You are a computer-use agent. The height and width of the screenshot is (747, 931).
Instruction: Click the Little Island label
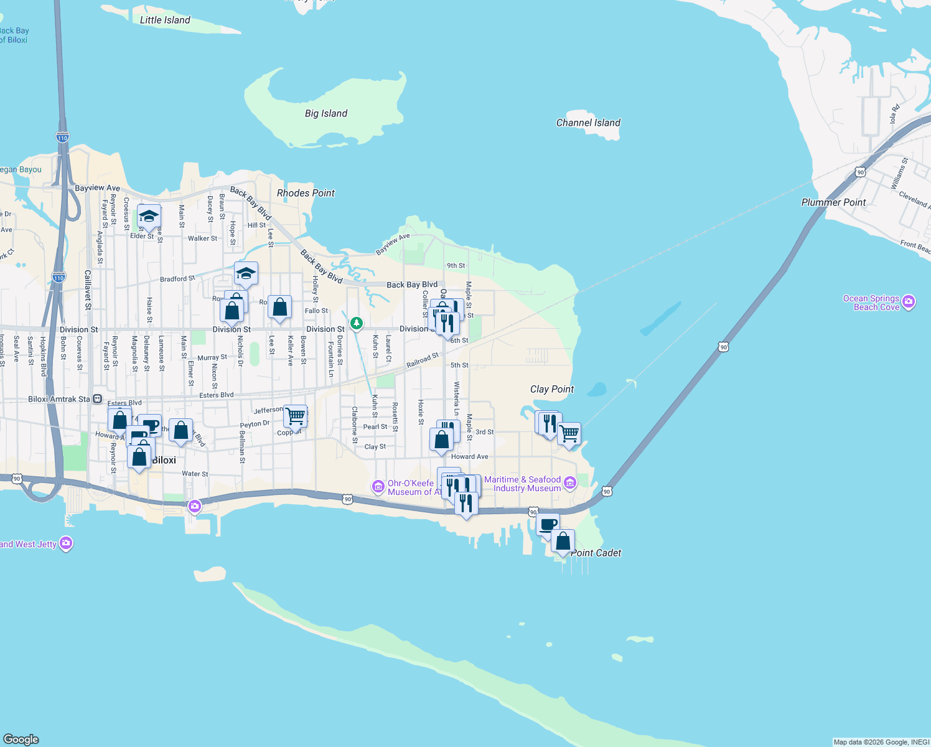pos(165,20)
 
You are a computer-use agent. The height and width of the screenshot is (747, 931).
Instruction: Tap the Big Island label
pos(326,113)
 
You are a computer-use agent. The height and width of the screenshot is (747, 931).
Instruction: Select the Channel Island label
pos(588,123)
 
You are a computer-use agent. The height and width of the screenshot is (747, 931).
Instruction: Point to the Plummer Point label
pos(833,202)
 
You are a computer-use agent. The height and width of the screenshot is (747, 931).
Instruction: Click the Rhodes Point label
pos(306,193)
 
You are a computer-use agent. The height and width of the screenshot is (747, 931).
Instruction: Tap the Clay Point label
pos(552,389)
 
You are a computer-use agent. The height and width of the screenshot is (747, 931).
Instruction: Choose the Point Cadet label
pos(596,553)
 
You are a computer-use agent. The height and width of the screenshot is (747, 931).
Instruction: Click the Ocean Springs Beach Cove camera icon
pos(909,302)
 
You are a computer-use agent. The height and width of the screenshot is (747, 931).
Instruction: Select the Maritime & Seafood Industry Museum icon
pos(569,484)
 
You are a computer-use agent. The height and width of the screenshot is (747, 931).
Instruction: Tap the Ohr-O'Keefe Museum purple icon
pos(378,487)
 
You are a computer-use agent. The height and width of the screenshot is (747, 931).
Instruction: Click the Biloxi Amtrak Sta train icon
pos(98,399)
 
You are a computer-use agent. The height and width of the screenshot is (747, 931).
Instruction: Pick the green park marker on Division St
pos(356,322)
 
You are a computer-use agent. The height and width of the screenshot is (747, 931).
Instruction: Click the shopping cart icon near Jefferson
pos(296,415)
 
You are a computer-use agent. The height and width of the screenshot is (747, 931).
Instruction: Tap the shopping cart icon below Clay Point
pos(569,433)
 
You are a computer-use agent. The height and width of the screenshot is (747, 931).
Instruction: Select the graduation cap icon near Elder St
pos(149,216)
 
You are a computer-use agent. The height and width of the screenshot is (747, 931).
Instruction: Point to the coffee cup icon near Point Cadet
pos(548,525)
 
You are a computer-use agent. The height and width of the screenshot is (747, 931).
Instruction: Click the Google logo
pos(21,740)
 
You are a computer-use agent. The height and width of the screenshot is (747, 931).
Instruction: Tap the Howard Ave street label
pos(469,456)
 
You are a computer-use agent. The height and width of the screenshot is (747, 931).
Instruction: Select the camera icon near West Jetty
pos(66,543)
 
